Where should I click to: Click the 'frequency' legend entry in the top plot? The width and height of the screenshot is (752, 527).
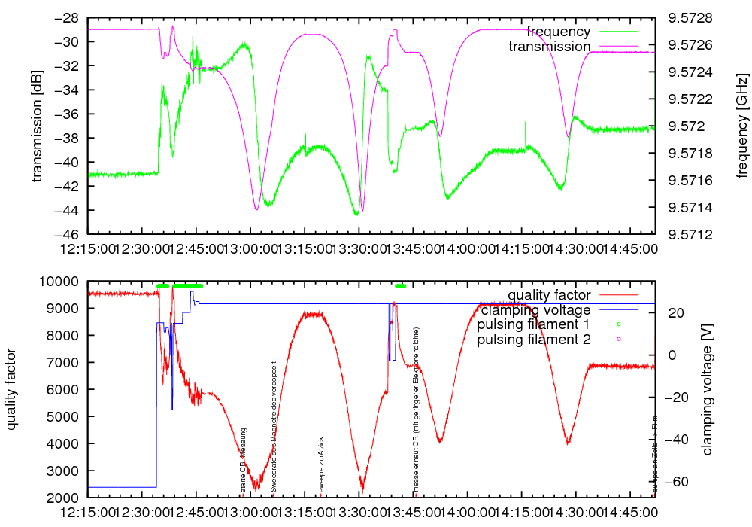558,32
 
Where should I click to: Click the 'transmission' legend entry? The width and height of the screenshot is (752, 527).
549,47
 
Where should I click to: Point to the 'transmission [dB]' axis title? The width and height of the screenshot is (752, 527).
37,126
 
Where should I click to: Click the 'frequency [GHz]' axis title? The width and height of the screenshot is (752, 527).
743,126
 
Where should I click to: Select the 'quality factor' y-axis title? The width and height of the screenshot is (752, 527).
12,389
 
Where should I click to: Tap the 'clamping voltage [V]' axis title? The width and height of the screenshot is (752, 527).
707,389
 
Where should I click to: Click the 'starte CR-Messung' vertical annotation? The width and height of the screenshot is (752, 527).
244,459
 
